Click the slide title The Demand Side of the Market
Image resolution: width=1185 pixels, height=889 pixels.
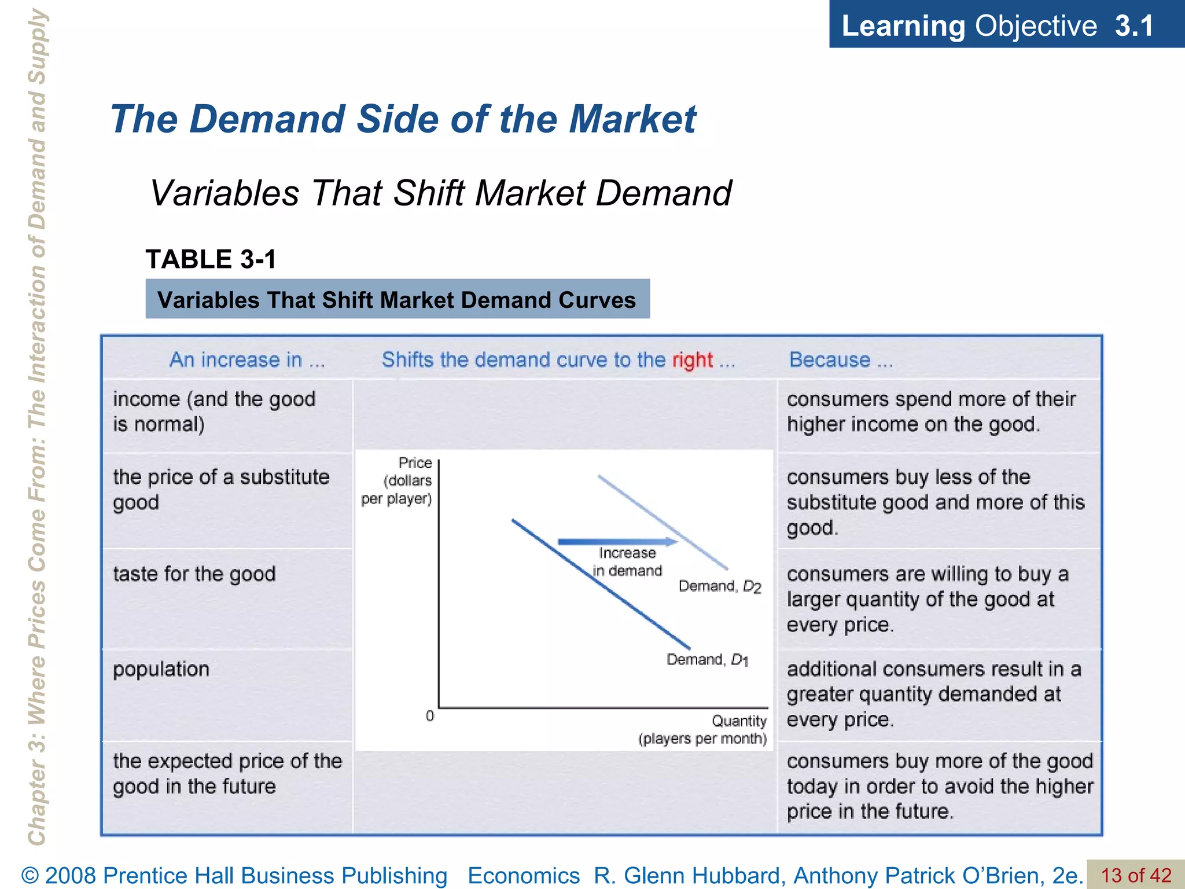click(403, 120)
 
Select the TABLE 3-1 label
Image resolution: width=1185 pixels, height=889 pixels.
click(211, 259)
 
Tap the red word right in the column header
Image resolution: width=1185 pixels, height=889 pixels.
click(692, 360)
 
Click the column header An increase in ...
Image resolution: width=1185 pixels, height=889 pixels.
click(247, 360)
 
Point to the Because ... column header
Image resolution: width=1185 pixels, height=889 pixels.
click(841, 360)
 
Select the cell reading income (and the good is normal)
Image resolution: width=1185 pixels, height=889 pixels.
click(214, 412)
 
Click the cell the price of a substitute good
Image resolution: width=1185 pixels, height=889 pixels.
click(221, 489)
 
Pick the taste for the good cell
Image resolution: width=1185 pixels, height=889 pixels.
click(194, 574)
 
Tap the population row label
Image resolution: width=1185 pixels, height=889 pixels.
click(161, 669)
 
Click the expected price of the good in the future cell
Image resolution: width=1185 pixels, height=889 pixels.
click(227, 773)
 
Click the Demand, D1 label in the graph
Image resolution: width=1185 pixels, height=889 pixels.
click(707, 660)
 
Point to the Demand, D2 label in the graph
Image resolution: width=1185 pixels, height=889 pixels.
click(719, 586)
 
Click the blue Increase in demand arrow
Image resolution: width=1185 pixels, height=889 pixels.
click(617, 542)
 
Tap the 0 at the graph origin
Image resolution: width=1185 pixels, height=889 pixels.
click(430, 716)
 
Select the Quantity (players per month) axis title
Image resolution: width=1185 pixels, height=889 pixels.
click(703, 730)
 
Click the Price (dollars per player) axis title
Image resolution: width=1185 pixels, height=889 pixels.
click(398, 480)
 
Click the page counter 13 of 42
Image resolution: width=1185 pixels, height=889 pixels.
click(1135, 875)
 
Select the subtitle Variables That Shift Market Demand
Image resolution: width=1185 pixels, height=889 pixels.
click(441, 193)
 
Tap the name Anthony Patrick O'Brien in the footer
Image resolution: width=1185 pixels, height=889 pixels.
click(918, 875)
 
